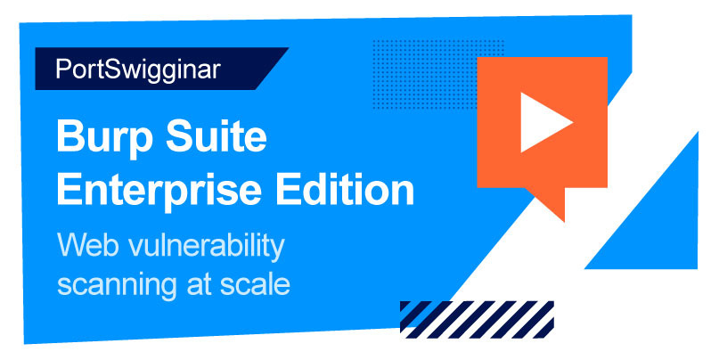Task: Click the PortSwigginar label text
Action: pos(138,70)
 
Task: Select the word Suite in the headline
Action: pos(216,135)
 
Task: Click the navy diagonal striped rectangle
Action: pos(477,320)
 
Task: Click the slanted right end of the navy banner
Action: pos(273,69)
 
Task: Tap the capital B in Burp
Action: pos(70,136)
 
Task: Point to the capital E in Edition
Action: pos(288,189)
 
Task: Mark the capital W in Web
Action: pos(72,245)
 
